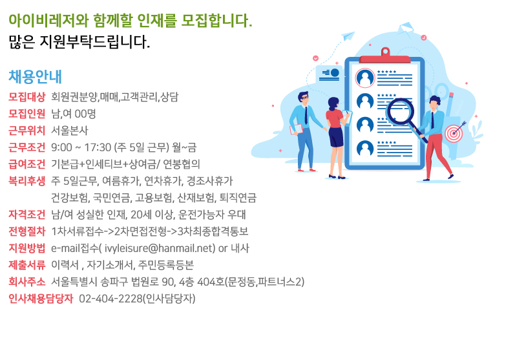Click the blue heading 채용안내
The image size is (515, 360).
pos(35,77)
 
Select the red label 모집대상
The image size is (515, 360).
pos(27,97)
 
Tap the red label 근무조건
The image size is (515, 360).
pos(27,147)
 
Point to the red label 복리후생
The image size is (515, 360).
pos(27,181)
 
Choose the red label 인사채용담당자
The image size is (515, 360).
pos(41,299)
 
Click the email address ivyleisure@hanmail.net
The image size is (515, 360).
pos(160,248)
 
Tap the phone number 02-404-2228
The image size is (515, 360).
pos(110,299)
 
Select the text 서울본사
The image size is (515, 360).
pos(70,131)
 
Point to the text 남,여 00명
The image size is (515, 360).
pos(74,114)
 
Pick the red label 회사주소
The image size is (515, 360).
pos(27,282)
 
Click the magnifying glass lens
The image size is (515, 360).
pos(400,112)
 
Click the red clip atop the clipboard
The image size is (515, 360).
pos(385,56)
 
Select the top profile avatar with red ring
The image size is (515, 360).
pos(365,78)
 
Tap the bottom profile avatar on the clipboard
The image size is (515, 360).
pos(365,149)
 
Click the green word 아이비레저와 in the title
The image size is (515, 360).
pos(48,21)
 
